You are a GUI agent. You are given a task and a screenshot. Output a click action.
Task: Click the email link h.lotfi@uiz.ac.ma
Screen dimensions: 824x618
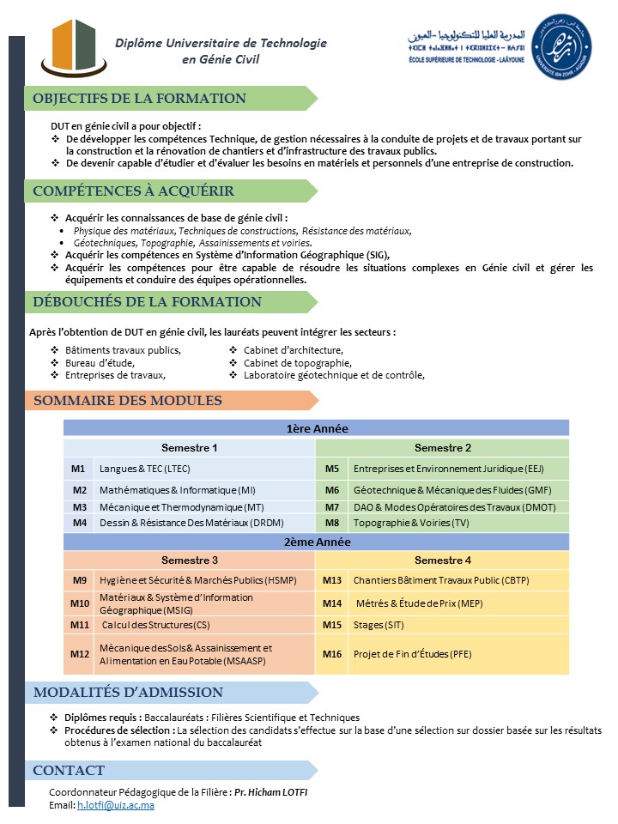point(116,806)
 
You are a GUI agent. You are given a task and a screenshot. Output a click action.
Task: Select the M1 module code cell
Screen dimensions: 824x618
point(79,469)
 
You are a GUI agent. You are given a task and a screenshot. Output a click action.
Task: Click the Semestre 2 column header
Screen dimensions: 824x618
point(443,448)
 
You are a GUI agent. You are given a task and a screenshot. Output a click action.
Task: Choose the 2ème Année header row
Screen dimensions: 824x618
point(317,542)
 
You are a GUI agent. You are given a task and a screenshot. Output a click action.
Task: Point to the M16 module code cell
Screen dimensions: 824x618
point(332,654)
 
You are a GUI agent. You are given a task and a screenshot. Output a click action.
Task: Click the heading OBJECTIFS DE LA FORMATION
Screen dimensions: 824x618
point(140,99)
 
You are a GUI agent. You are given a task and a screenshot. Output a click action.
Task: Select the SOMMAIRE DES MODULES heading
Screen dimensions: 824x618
point(128,401)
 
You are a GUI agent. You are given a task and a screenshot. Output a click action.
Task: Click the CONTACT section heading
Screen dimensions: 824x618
point(69,770)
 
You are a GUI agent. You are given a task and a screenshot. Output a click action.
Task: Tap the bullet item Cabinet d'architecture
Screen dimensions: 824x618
point(294,349)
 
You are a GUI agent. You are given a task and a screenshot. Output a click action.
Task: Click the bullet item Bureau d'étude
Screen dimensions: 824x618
point(100,362)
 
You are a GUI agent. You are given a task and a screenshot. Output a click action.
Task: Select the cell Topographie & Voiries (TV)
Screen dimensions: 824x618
point(411,522)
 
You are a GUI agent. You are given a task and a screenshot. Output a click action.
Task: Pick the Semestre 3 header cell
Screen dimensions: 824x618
point(190,560)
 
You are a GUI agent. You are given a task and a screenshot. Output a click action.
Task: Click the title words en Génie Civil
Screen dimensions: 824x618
point(221,59)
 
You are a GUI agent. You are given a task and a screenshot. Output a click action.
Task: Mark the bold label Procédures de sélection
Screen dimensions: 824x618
point(119,730)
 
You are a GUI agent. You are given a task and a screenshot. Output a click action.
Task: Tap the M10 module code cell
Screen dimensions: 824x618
point(79,603)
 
